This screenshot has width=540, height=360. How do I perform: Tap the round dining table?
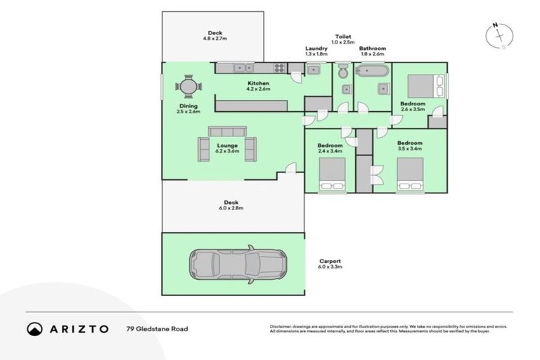point(188,87)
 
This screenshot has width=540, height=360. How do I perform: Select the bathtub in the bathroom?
point(371,70)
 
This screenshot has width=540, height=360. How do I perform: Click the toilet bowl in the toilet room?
point(342,72)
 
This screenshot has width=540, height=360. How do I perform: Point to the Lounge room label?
point(227,148)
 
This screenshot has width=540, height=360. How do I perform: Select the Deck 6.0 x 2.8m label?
point(231,205)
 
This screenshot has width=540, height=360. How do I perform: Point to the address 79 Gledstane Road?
point(157,328)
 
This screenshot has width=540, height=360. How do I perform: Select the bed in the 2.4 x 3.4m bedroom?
point(333,174)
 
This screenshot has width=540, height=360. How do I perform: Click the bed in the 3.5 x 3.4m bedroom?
point(410,174)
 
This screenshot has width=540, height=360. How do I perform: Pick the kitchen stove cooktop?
point(278,68)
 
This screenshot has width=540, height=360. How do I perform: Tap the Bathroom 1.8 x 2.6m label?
point(373,51)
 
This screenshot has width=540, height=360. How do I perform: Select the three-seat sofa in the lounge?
point(227,131)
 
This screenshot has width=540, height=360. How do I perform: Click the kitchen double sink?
point(244,68)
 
